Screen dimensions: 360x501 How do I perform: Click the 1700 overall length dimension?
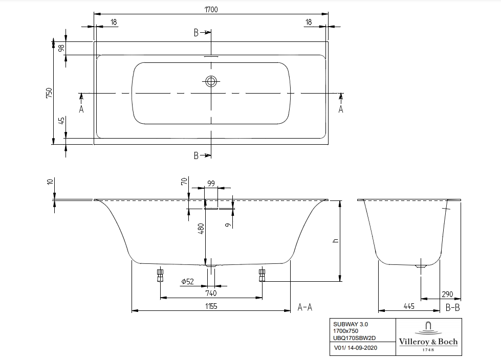pyautogui.click(x=211, y=9)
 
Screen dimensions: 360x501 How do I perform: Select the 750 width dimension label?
pyautogui.click(x=49, y=93)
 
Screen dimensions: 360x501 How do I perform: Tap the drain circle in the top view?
pyautogui.click(x=211, y=81)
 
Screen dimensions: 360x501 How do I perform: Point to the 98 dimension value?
pyautogui.click(x=61, y=49)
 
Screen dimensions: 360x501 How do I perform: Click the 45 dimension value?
pyautogui.click(x=61, y=121)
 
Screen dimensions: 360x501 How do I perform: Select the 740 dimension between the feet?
pyautogui.click(x=211, y=293)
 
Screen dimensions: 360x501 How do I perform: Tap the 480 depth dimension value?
pyautogui.click(x=201, y=229)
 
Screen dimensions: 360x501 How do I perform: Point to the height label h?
pyautogui.click(x=336, y=241)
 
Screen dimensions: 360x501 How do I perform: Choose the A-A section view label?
pyautogui.click(x=305, y=307)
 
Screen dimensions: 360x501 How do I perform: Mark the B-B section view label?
pyautogui.click(x=452, y=307)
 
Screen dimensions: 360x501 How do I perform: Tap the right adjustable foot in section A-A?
pyautogui.click(x=262, y=275)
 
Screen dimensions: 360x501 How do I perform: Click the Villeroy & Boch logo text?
pyautogui.click(x=428, y=342)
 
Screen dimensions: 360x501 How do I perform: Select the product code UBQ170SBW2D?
pyautogui.click(x=355, y=339)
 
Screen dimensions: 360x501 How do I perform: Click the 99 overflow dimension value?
pyautogui.click(x=211, y=183)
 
